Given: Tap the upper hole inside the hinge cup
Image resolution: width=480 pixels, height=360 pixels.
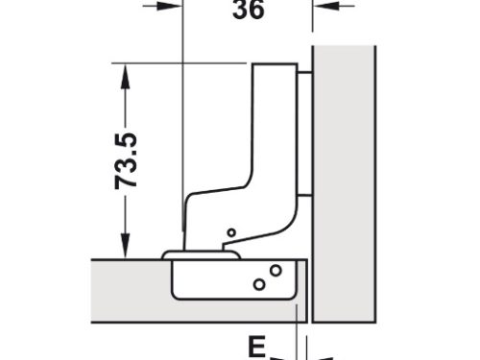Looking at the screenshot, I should [x=276, y=270].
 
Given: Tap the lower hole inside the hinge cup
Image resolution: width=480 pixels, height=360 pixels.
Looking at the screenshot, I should [x=258, y=283].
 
